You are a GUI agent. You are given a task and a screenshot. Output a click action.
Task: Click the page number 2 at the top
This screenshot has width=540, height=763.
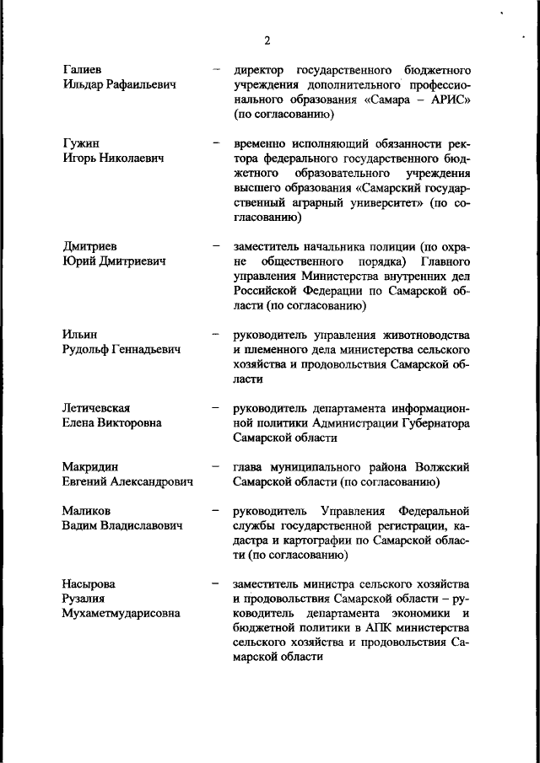[267, 39]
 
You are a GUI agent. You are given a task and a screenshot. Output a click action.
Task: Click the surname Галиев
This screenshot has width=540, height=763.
[84, 68]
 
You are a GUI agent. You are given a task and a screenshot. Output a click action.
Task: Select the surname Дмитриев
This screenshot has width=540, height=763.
[93, 246]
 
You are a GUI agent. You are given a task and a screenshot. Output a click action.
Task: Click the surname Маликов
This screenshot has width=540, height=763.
[87, 510]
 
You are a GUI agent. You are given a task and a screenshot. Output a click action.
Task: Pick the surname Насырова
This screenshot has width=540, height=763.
[89, 583]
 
